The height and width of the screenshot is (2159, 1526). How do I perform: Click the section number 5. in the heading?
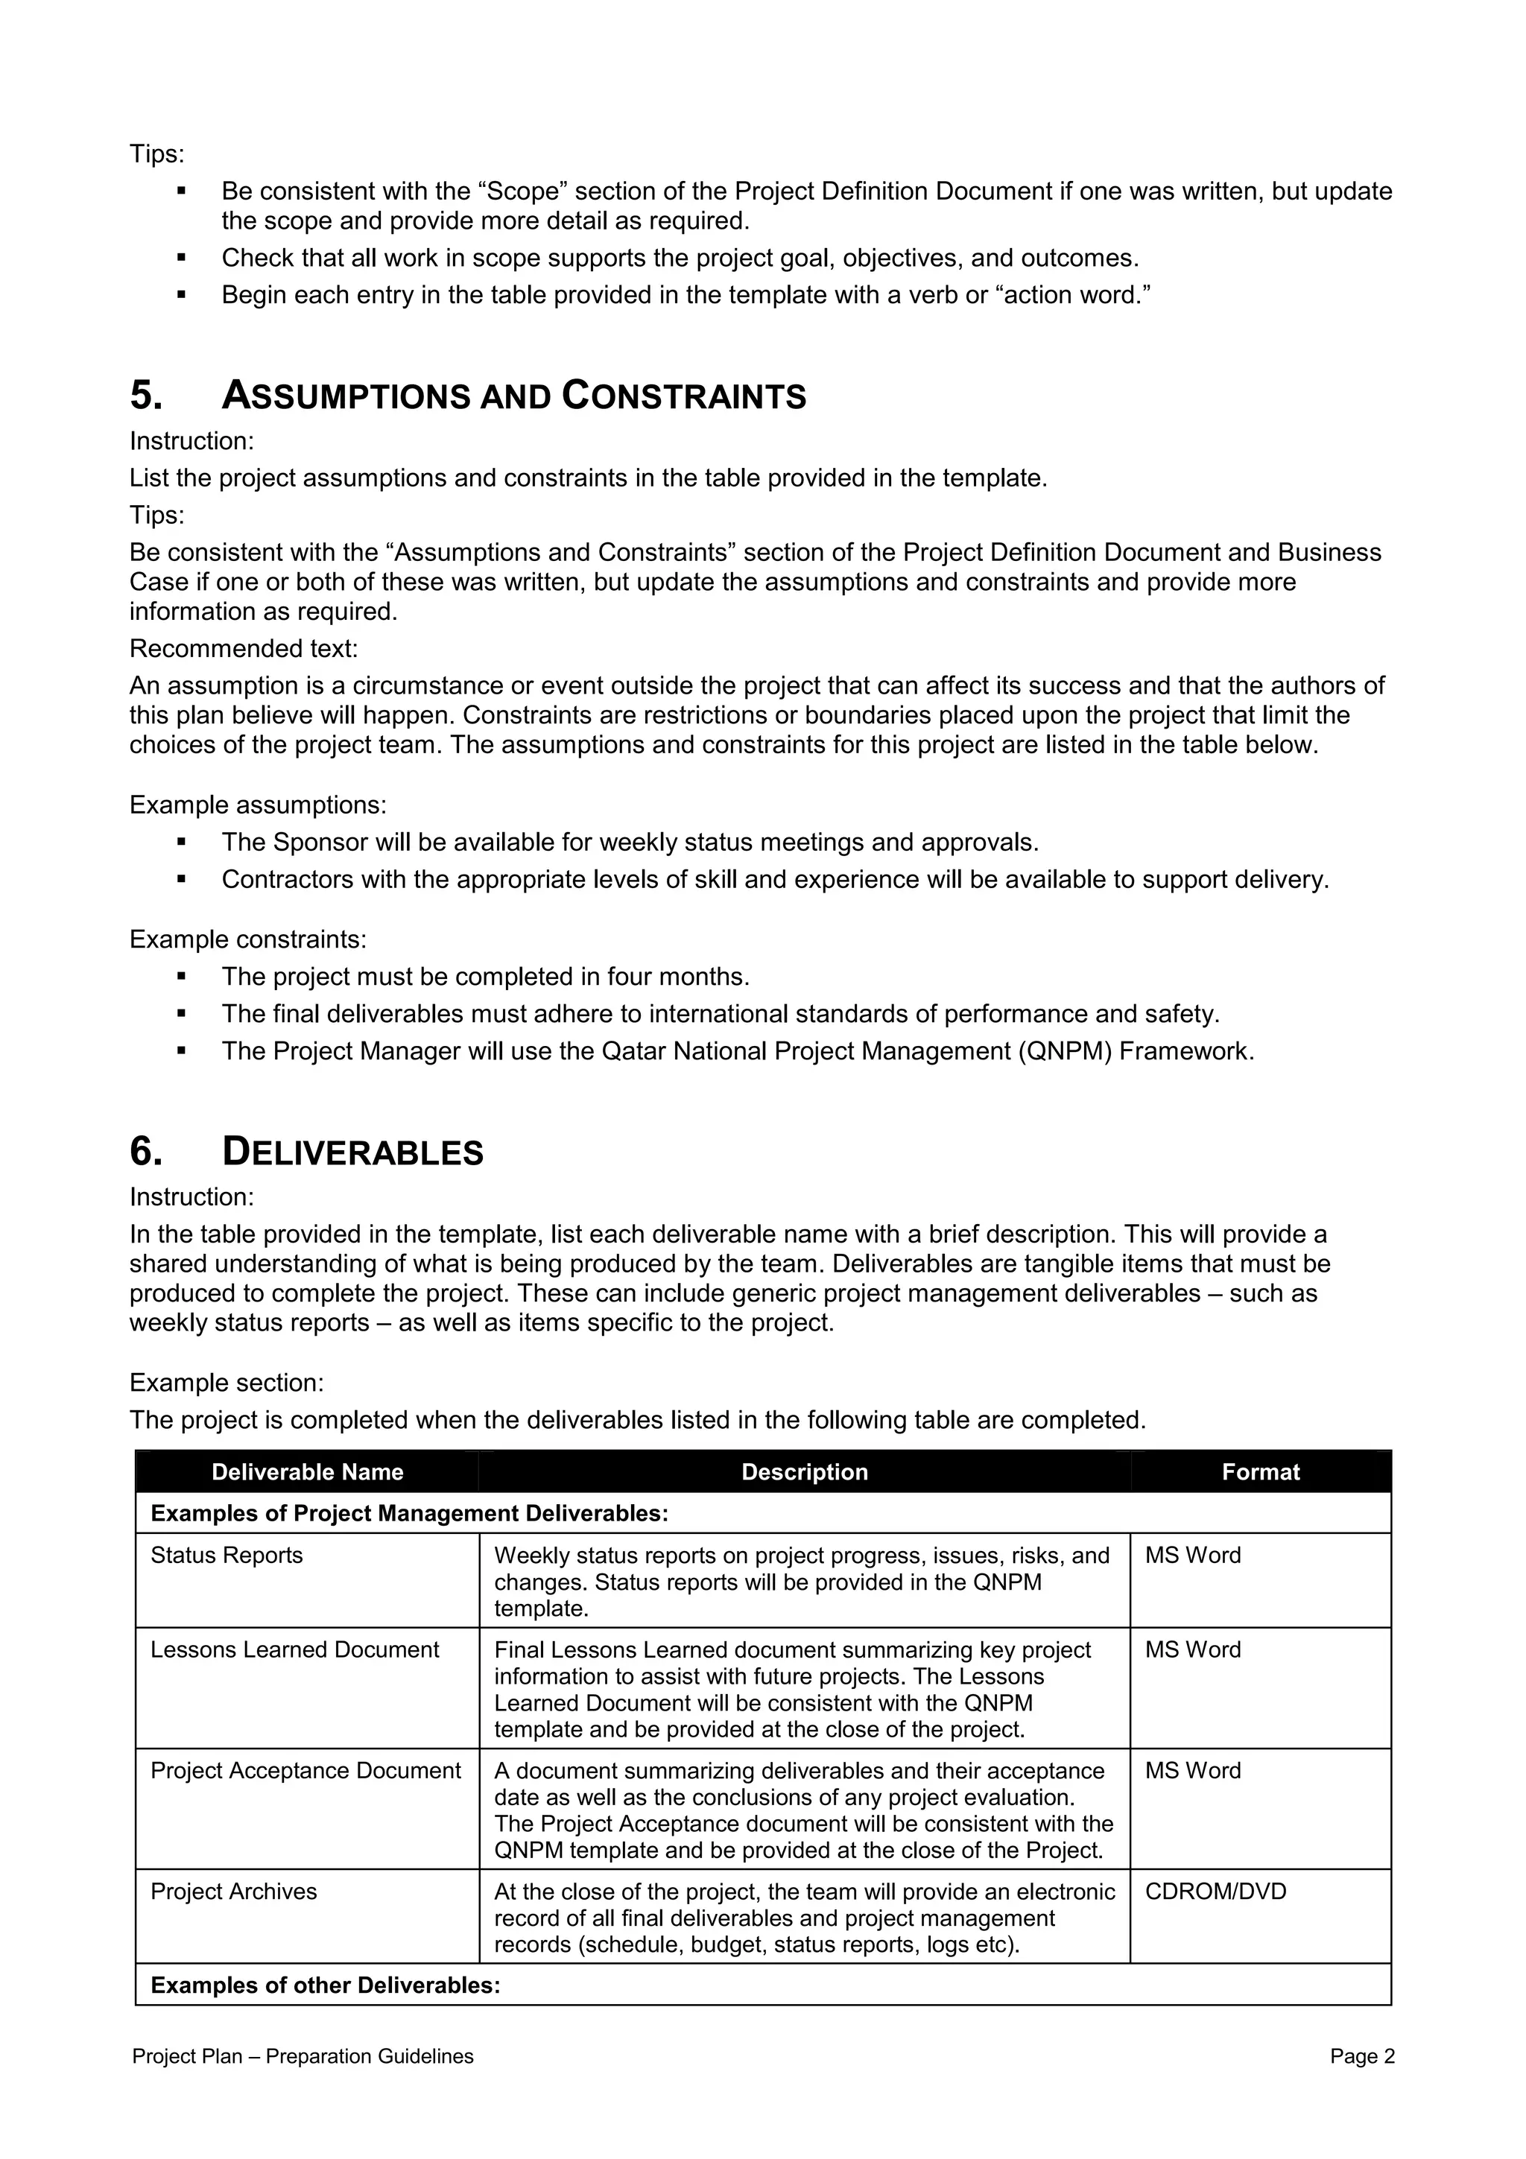click(x=146, y=396)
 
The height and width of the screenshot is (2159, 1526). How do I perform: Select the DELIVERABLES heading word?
click(x=352, y=1152)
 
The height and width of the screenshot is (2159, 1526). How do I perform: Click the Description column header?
click(x=804, y=1471)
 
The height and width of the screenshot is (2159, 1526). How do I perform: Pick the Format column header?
click(x=1260, y=1471)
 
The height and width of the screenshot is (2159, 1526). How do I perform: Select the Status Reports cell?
click(x=227, y=1556)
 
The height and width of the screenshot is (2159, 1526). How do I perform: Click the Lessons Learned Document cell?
click(x=294, y=1650)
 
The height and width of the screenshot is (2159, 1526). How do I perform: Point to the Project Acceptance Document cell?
click(x=305, y=1772)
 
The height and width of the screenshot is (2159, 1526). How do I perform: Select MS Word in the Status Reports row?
click(x=1192, y=1556)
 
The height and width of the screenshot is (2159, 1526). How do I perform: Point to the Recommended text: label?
click(x=244, y=649)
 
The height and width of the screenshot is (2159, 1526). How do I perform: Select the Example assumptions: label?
click(x=258, y=805)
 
